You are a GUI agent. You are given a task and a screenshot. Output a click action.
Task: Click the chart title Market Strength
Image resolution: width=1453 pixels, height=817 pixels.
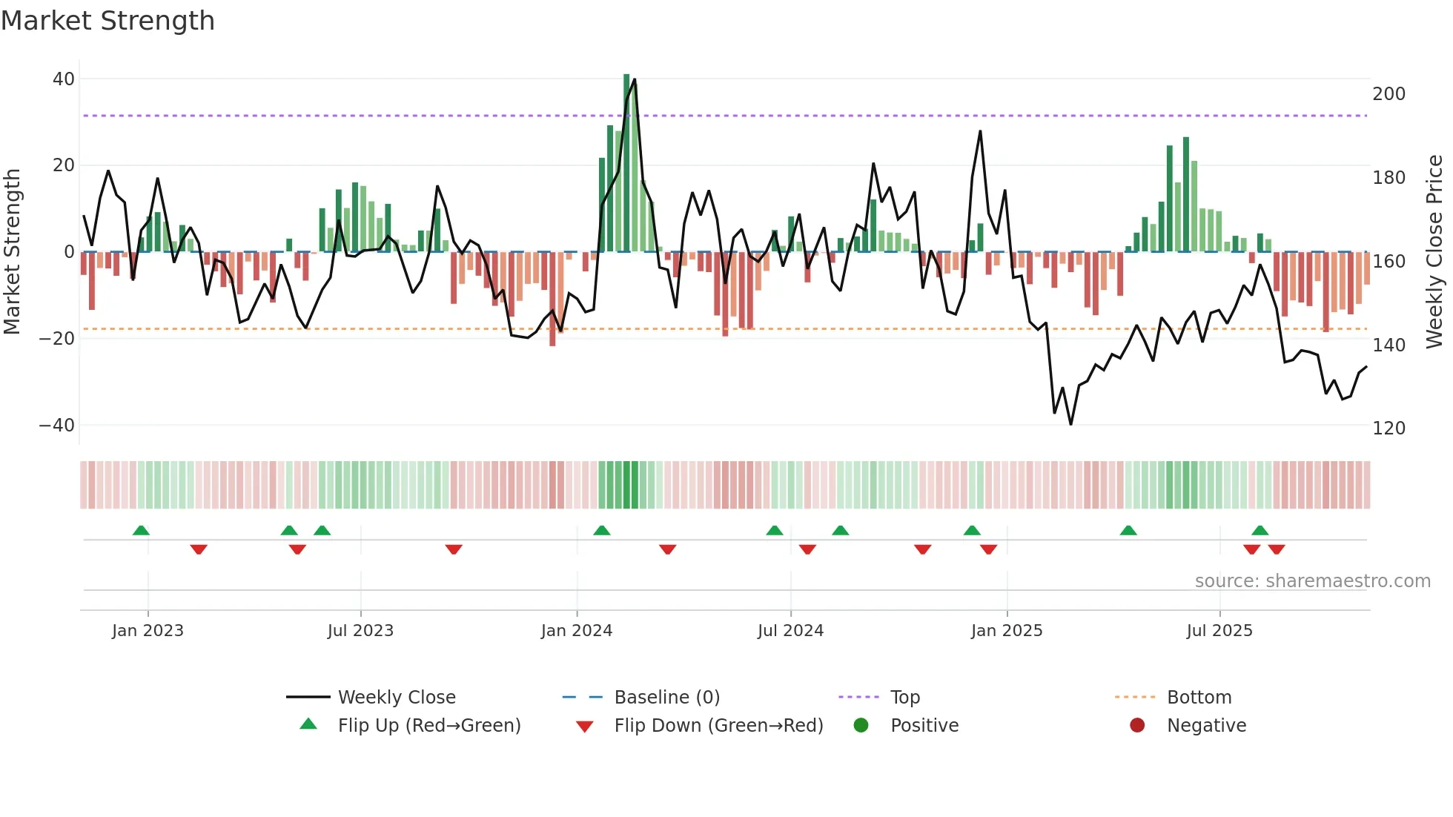click(107, 21)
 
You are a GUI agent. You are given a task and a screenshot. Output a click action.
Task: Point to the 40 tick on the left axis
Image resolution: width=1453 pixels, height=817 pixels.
click(63, 79)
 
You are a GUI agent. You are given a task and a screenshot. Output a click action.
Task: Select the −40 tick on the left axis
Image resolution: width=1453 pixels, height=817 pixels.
click(56, 426)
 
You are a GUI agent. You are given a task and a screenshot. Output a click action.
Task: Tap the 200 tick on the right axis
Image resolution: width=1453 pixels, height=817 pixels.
click(1389, 94)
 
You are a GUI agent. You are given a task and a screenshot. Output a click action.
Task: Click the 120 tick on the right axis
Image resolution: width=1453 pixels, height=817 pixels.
click(1389, 429)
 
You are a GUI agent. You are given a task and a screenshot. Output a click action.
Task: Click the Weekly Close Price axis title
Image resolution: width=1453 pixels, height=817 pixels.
click(1434, 252)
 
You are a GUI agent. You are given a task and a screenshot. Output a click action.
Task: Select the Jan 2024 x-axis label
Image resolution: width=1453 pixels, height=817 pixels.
click(576, 631)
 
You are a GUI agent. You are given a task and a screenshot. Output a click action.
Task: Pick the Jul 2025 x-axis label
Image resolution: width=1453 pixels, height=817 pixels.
click(1219, 631)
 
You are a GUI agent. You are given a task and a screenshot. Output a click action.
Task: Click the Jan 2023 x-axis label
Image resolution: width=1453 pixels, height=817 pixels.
click(148, 631)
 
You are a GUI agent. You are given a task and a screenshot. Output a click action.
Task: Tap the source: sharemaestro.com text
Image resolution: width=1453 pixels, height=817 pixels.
click(1312, 581)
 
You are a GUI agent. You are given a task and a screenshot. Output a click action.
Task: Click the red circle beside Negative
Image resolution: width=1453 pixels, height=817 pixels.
click(1137, 726)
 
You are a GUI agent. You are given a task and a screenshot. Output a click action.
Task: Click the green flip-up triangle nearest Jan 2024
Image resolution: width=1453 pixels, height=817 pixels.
click(602, 531)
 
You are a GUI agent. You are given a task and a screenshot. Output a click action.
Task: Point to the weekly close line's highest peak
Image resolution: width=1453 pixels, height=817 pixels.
click(635, 79)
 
